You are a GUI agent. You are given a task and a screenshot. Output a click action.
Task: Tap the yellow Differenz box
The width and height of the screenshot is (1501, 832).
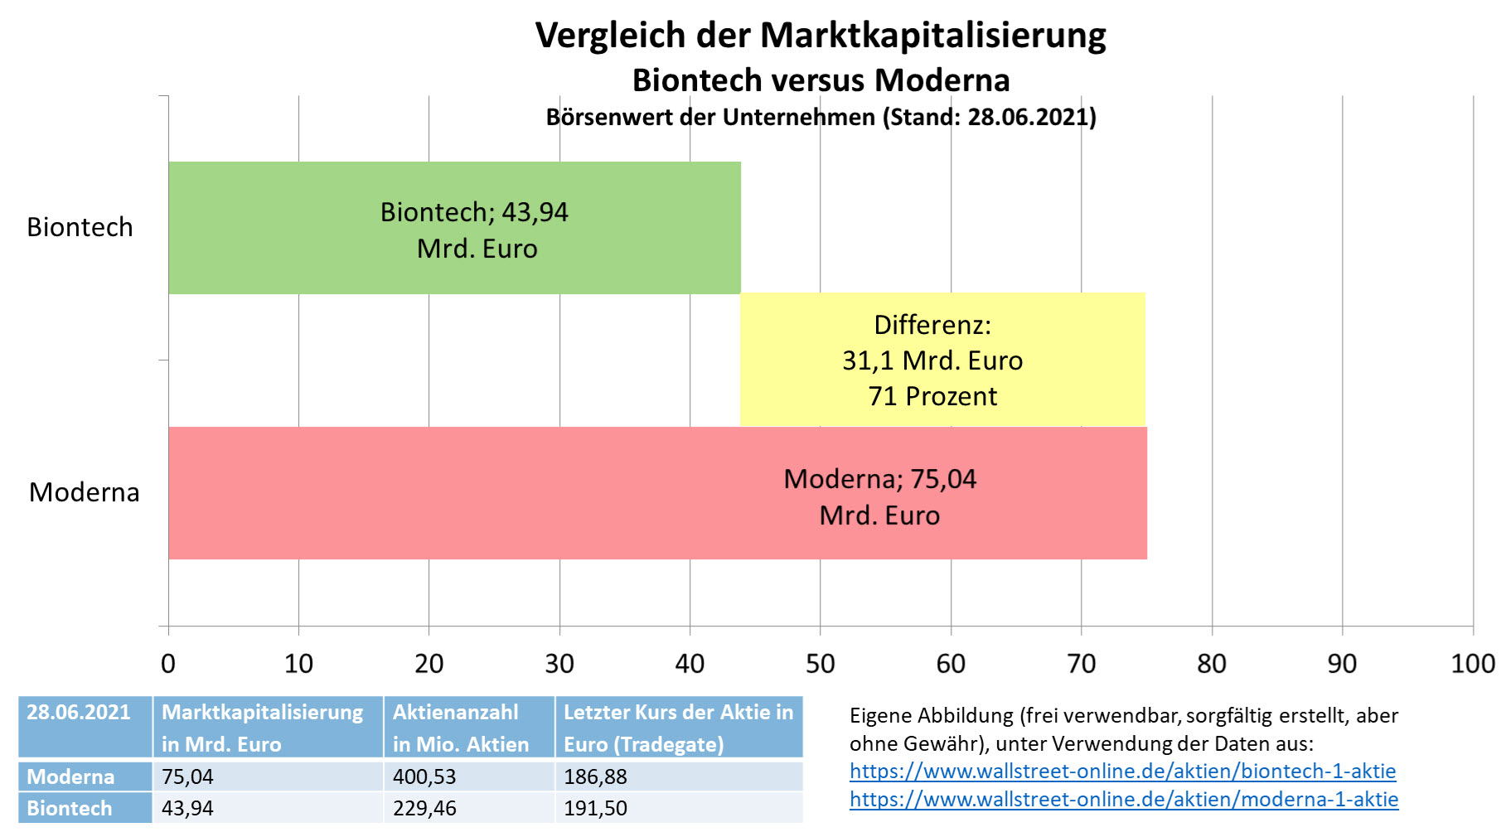pyautogui.click(x=942, y=360)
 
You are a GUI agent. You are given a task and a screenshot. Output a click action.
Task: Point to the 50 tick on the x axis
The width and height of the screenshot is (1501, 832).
pyautogui.click(x=821, y=663)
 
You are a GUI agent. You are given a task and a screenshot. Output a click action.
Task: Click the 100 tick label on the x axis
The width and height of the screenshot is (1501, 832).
pyautogui.click(x=1472, y=663)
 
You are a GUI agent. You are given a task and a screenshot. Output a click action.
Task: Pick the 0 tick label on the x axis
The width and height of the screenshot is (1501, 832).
pyautogui.click(x=168, y=663)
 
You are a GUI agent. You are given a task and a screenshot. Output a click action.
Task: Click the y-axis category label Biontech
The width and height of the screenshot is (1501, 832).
pyautogui.click(x=80, y=227)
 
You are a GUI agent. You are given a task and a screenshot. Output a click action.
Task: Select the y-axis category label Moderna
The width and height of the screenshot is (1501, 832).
pyautogui.click(x=84, y=492)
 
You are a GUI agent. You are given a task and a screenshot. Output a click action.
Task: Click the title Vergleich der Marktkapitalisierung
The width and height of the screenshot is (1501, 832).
pyautogui.click(x=821, y=36)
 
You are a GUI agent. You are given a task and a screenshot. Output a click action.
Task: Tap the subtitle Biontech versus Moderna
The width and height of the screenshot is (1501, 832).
pyautogui.click(x=821, y=80)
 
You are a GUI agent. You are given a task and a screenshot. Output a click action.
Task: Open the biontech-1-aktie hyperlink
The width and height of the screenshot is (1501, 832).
pyautogui.click(x=1122, y=771)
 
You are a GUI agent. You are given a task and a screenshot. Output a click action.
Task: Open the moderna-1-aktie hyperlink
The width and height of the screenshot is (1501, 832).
pyautogui.click(x=1123, y=799)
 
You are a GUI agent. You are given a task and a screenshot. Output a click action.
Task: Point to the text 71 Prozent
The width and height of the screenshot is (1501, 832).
pyautogui.click(x=932, y=396)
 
